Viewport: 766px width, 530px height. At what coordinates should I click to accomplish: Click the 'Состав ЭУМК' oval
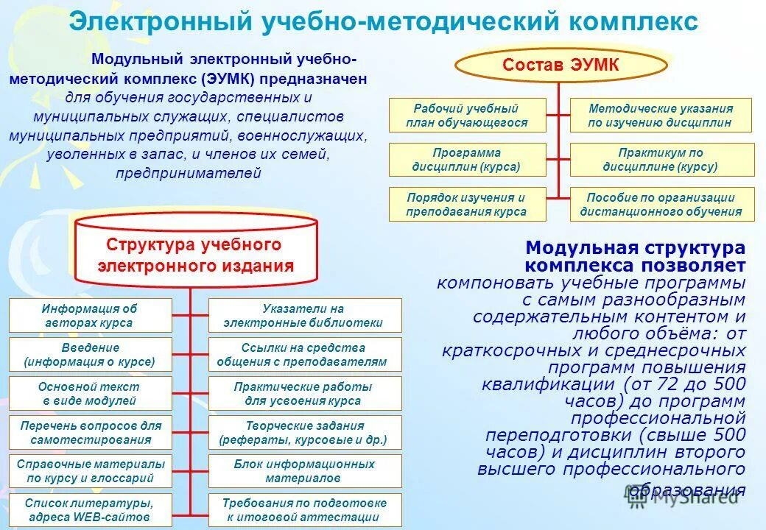pos(560,66)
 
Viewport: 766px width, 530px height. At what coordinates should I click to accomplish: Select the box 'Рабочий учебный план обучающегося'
pos(467,116)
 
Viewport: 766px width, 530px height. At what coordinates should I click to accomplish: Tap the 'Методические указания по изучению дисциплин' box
pos(661,116)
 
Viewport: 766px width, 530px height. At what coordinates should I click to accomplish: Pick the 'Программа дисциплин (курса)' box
pos(467,160)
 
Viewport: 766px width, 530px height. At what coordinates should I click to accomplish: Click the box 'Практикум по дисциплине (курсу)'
pos(661,160)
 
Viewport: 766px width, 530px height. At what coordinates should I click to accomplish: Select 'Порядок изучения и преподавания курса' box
pos(467,204)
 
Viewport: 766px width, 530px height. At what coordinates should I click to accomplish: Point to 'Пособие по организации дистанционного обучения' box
pos(661,204)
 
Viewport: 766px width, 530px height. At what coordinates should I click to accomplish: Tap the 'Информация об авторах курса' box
pos(90,315)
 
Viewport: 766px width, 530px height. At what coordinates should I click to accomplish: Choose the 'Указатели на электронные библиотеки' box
pos(305,315)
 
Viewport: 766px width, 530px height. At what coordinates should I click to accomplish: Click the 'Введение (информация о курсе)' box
pos(90,354)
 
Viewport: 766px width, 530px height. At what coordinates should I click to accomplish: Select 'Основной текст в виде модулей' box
pos(90,393)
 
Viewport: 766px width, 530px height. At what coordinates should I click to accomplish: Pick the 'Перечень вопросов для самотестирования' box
pos(90,432)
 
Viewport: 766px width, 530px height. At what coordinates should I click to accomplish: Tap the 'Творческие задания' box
pos(305,432)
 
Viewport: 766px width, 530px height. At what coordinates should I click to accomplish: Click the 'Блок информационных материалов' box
pos(305,471)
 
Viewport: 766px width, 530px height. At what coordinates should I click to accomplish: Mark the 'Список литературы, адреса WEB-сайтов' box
pos(90,509)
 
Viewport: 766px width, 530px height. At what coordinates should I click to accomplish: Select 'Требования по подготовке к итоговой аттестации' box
pos(305,509)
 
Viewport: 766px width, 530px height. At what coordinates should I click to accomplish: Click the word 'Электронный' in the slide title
pos(161,22)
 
